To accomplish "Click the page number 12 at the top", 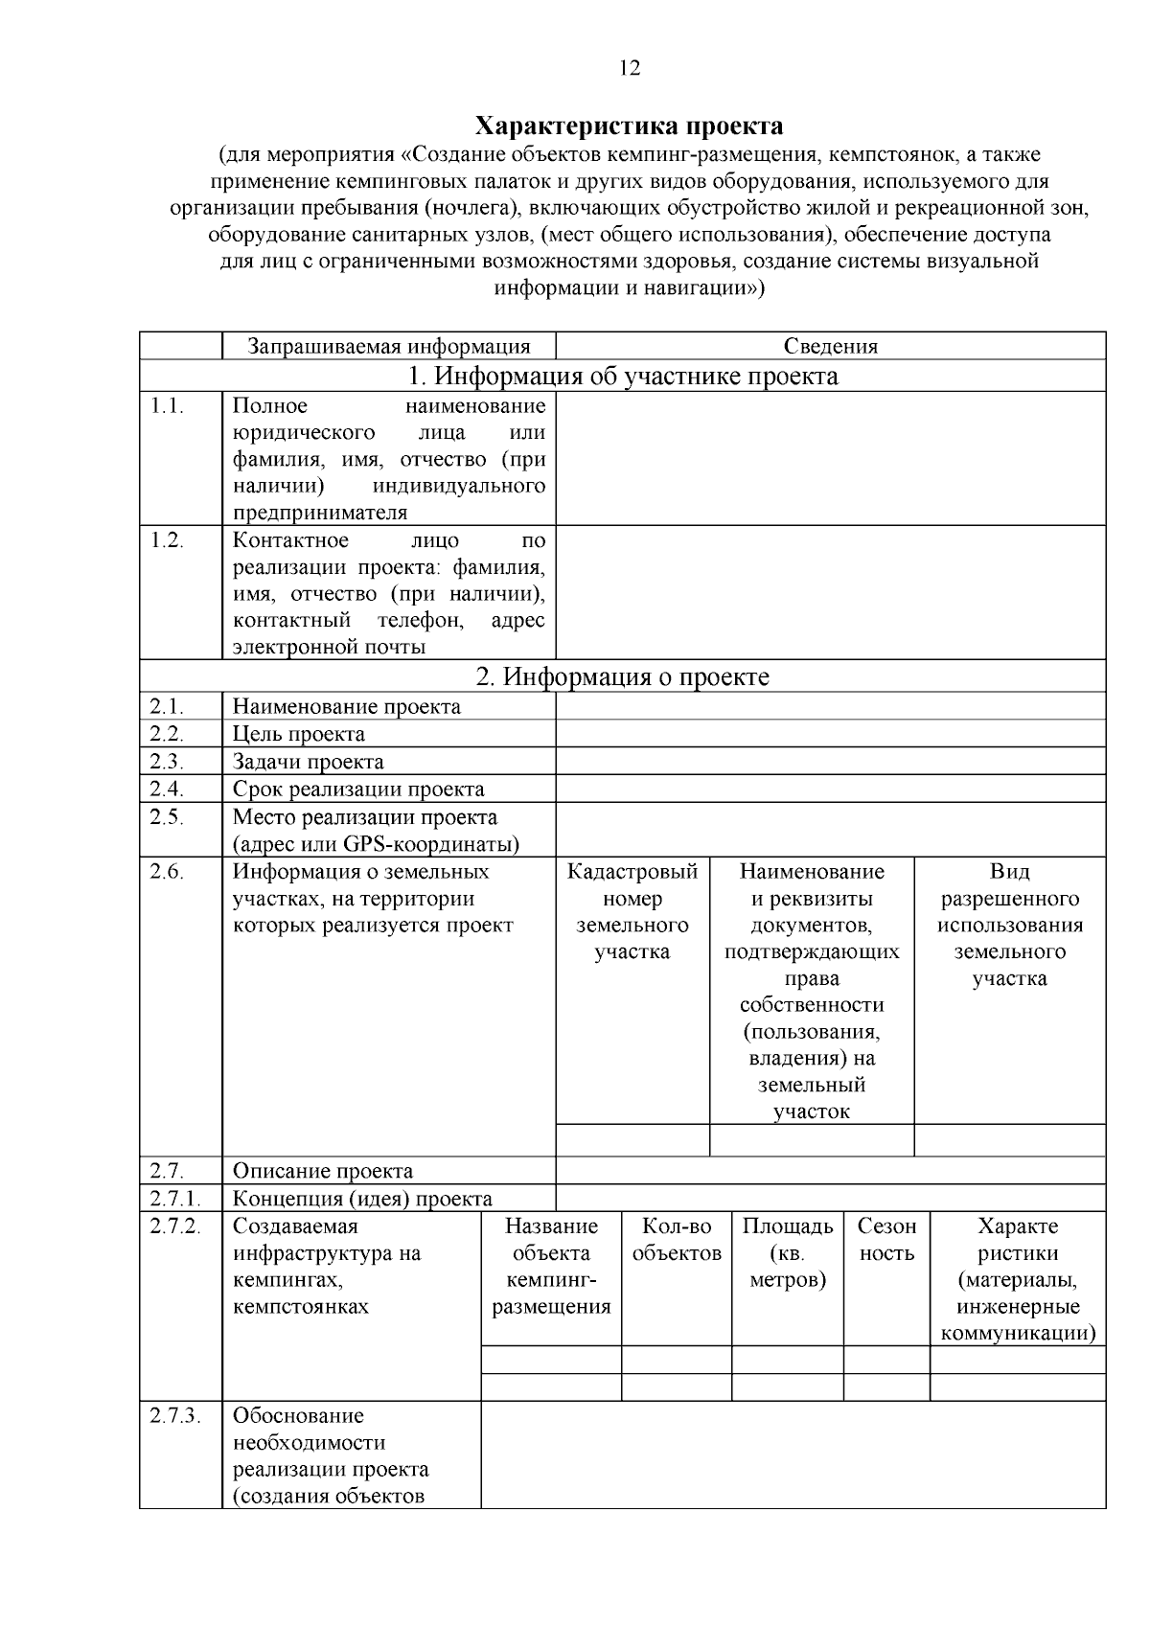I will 630,68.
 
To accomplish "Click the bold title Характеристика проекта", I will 630,126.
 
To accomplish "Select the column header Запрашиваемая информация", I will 388,346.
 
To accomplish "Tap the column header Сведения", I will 830,346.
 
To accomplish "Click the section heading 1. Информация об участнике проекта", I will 623,376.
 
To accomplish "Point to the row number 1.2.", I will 167,540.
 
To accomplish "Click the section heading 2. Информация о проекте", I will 623,676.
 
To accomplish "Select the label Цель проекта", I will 298,734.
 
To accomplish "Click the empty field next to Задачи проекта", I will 830,762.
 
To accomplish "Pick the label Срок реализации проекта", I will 358,790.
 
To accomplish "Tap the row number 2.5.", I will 167,817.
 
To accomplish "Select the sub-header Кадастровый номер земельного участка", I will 632,911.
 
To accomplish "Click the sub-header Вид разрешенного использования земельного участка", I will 1009,925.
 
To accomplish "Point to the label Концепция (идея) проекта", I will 362,1199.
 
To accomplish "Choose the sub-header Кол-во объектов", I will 677,1240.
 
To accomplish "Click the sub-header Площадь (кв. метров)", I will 788,1253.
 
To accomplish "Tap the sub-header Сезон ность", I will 886,1240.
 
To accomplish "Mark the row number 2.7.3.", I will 174,1416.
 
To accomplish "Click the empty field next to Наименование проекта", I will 830,706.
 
